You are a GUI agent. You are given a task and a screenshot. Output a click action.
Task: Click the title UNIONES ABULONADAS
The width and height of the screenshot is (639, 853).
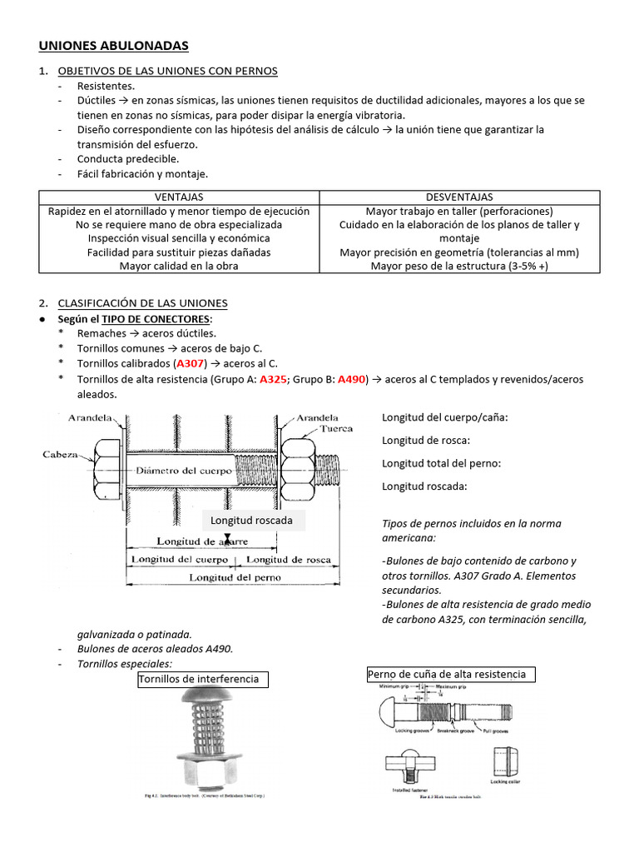coord(114,46)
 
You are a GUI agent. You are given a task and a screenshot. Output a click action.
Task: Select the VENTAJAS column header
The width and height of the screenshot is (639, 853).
coord(179,197)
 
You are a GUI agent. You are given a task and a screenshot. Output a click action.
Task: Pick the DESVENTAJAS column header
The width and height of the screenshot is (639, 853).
coord(459,197)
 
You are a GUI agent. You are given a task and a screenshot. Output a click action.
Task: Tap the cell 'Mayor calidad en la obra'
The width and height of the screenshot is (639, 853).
coord(179,266)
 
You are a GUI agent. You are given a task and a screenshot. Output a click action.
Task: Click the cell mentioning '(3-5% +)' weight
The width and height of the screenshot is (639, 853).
coord(459,266)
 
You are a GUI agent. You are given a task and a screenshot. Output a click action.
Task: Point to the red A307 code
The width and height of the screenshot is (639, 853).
coord(191,364)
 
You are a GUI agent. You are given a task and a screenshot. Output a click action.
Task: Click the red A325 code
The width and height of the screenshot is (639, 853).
coord(273,379)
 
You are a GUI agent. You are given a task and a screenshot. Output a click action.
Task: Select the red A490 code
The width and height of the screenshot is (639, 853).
coord(352,379)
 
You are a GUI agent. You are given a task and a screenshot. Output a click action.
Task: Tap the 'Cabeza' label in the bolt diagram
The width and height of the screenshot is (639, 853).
coord(61,455)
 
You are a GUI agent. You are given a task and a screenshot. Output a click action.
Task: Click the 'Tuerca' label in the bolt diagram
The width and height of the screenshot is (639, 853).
coord(337,430)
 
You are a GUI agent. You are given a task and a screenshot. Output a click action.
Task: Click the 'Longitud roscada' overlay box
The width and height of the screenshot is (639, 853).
coord(252,521)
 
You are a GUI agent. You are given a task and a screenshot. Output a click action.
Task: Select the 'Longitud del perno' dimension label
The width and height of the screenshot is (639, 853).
coord(235,576)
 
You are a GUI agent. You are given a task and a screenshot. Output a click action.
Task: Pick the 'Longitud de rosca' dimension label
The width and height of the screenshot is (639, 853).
coord(289,560)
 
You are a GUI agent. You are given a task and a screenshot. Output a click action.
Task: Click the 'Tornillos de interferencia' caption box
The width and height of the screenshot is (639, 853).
coord(204,679)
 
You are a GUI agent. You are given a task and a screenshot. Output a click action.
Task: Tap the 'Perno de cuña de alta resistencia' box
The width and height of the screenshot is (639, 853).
coord(451,674)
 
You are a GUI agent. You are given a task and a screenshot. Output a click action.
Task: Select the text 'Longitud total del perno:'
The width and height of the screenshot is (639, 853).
coord(441,463)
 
